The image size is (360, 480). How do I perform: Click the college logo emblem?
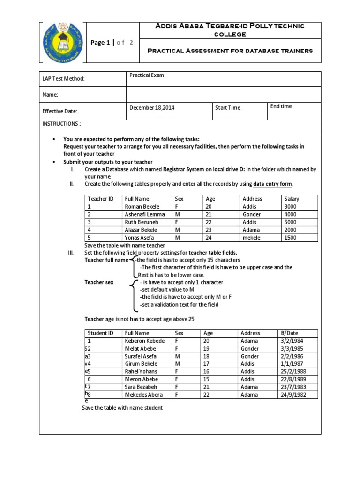[62, 42]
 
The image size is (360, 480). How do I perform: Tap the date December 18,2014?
[152, 108]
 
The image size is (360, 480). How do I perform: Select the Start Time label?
[228, 108]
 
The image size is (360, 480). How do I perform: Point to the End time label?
[281, 106]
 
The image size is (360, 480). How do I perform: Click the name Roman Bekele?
[142, 207]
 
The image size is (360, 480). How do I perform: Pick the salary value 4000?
[290, 215]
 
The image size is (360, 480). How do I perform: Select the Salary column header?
[292, 199]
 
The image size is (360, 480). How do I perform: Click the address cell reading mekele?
[252, 238]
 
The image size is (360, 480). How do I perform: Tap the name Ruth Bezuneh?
[142, 222]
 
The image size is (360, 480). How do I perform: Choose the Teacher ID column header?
[101, 199]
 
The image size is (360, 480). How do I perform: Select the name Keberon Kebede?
[144, 341]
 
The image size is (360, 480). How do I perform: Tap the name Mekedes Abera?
[143, 395]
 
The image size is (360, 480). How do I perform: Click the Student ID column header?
[101, 333]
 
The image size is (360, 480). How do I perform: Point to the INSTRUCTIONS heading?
[61, 124]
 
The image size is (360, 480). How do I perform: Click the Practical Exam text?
[147, 75]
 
